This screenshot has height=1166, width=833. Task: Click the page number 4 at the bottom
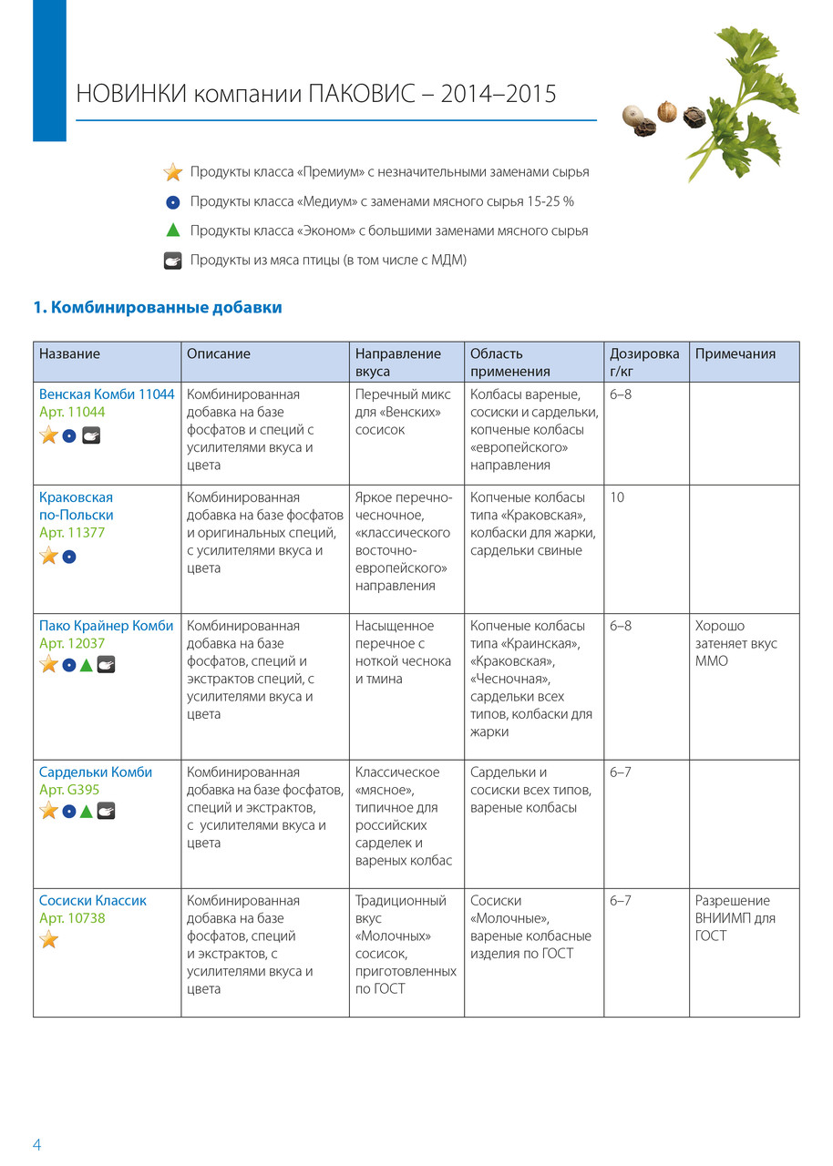tap(37, 1145)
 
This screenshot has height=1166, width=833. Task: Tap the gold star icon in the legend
tap(173, 172)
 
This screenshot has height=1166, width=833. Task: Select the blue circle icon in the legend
tap(173, 201)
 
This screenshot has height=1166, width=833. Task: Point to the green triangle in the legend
tap(173, 230)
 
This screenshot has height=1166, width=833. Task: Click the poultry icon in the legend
tap(173, 261)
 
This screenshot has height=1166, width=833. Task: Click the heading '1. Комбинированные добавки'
tap(158, 308)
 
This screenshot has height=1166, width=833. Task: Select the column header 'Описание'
tap(219, 353)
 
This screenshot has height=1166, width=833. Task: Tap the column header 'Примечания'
tap(735, 353)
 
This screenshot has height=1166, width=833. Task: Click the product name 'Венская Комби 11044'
tap(107, 394)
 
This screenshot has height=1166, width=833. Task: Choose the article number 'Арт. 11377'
tap(72, 533)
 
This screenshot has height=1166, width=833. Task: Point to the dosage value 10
tap(617, 497)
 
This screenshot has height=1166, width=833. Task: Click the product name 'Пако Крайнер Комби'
tap(106, 626)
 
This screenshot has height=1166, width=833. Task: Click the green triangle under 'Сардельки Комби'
tap(87, 811)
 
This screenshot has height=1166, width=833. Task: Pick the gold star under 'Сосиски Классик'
tap(49, 939)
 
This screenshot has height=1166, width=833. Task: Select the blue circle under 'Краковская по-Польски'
tap(69, 556)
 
